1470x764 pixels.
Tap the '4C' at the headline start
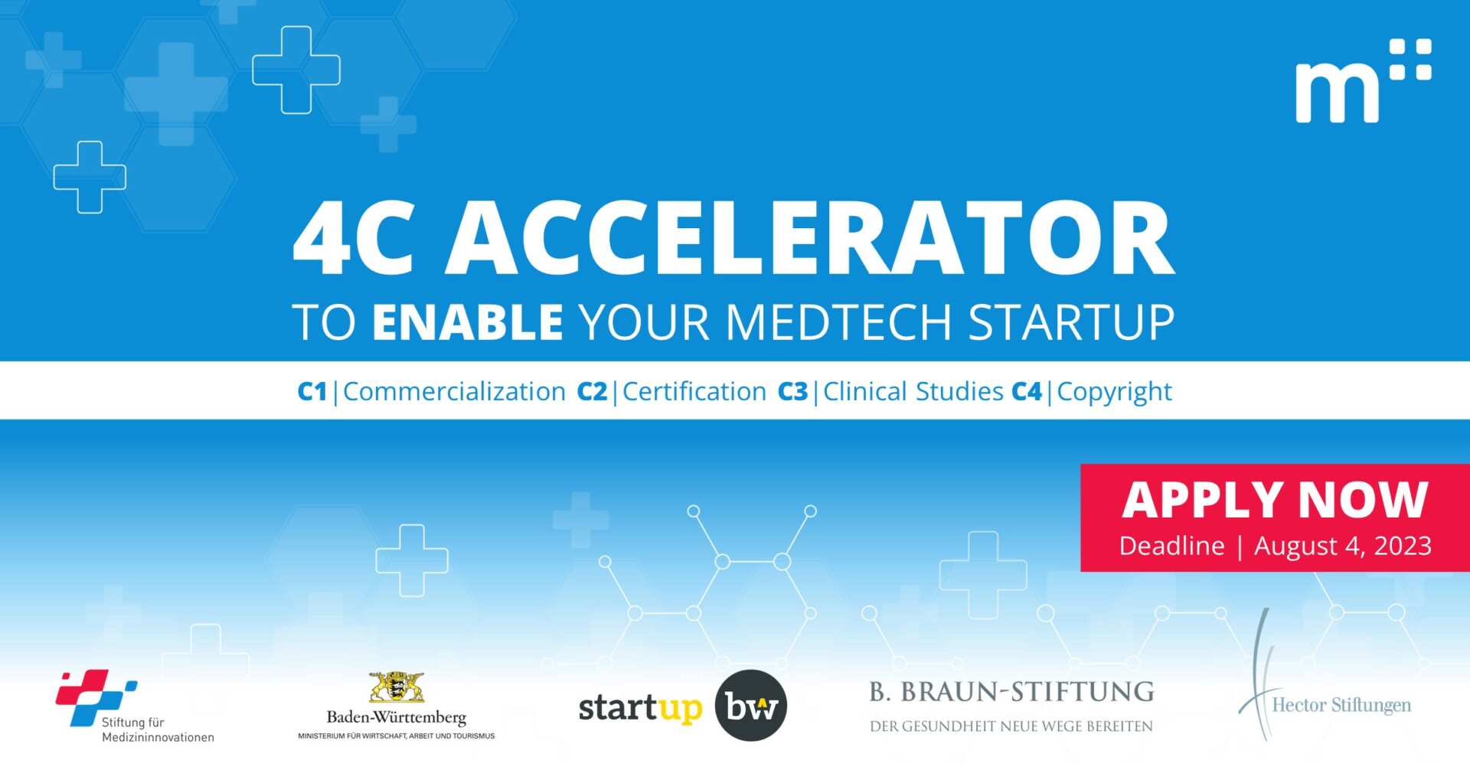(354, 239)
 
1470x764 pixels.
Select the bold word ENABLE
(468, 322)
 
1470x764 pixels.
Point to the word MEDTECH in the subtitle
(838, 322)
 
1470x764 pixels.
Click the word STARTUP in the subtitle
(1071, 322)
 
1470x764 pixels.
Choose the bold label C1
(312, 392)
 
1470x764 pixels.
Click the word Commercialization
(454, 392)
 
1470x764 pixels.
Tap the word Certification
(694, 392)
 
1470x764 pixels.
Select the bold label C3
(792, 392)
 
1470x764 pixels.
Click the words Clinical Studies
(913, 392)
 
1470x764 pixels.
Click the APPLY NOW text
(1275, 501)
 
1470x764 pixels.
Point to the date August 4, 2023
(1342, 546)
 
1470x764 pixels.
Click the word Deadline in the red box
(1171, 546)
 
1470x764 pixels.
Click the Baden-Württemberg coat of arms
(397, 687)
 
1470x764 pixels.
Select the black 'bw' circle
(750, 706)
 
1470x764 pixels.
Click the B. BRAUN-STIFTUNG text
(1011, 692)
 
